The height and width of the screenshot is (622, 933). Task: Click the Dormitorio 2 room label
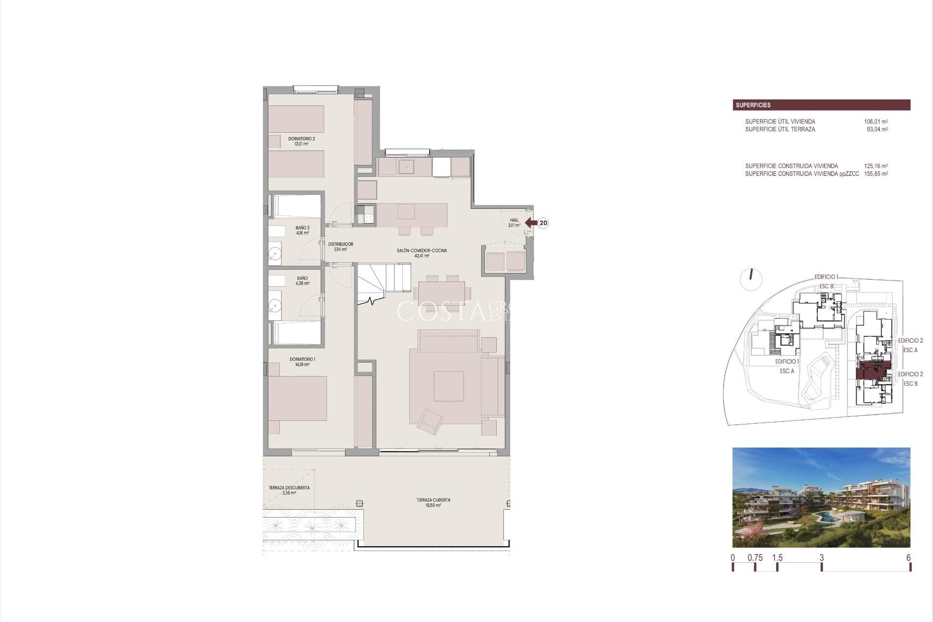[301, 141]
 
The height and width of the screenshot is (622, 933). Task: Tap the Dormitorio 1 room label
[302, 362]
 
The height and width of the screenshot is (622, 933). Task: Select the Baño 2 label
[302, 230]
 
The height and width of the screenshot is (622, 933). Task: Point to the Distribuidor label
[340, 246]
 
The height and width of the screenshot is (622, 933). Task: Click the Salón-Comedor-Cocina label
[421, 253]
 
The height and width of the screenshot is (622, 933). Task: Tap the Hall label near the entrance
[514, 223]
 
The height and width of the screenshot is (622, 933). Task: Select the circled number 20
[543, 223]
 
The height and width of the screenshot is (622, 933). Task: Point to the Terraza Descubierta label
[289, 490]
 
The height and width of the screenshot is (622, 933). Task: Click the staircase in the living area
[384, 282]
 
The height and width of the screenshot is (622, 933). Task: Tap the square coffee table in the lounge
[449, 386]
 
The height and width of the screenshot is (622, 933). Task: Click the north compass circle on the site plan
[751, 278]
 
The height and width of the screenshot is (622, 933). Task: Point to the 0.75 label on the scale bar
[755, 558]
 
